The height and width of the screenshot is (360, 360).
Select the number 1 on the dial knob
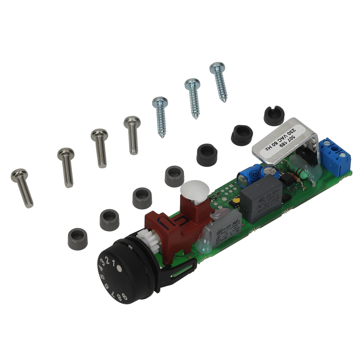pyautogui.click(x=113, y=264)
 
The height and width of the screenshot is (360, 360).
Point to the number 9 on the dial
pyautogui.click(x=124, y=298)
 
